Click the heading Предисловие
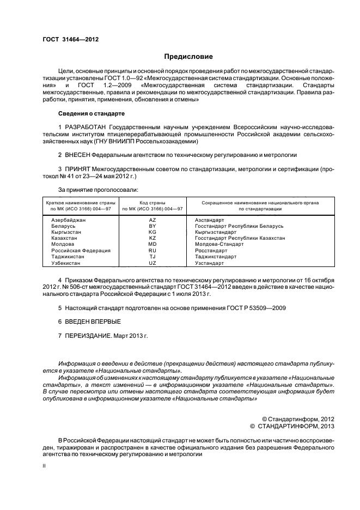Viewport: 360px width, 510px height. tap(189, 57)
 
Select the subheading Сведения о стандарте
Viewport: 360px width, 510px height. tap(91, 113)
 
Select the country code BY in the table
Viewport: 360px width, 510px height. tap(152, 226)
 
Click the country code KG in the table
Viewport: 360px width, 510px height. tap(152, 232)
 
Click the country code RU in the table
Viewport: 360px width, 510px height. tap(152, 251)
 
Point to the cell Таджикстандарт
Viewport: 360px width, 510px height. tap(216, 257)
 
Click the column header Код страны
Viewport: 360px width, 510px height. tap(152, 202)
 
